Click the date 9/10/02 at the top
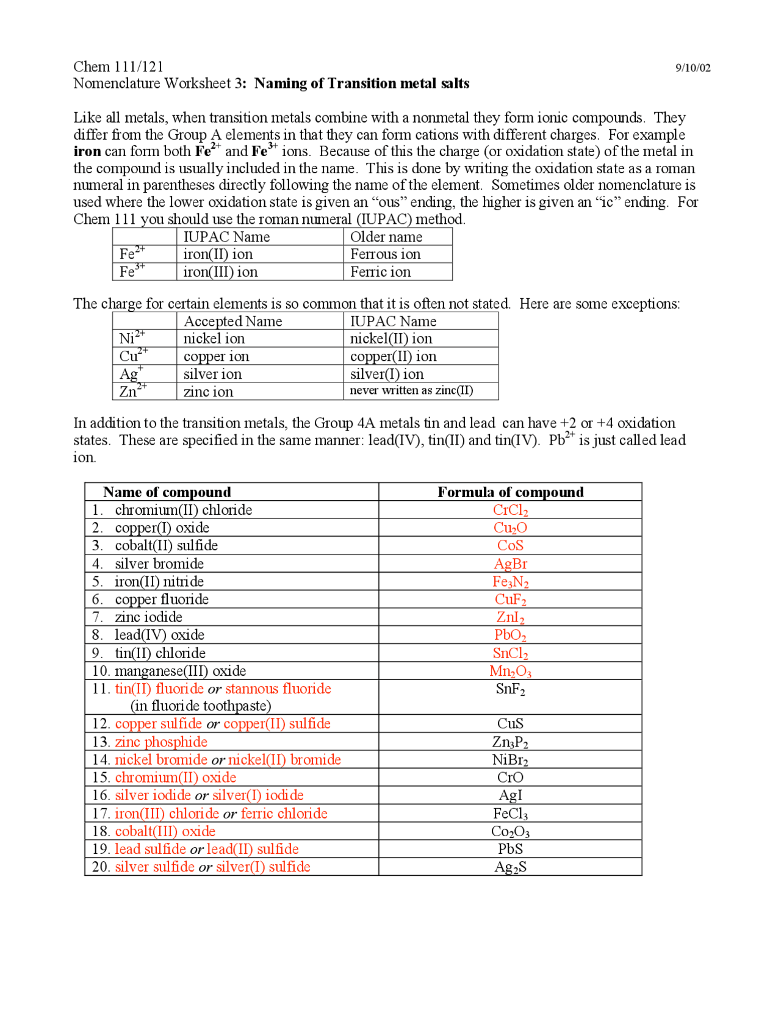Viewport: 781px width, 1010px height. (692, 68)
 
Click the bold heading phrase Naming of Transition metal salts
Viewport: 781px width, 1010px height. (361, 84)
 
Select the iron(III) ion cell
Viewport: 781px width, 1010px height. (220, 272)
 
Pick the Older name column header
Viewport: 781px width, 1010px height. (386, 237)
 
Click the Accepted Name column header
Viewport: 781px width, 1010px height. (232, 321)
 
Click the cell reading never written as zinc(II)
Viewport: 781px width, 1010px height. (411, 390)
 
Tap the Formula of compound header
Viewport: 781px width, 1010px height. (510, 492)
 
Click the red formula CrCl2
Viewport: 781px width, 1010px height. (510, 510)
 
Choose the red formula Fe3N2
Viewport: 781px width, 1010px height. (510, 582)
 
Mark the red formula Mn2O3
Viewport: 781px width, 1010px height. (510, 672)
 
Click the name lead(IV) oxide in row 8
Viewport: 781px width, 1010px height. (159, 635)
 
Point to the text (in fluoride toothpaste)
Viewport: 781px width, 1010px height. (201, 706)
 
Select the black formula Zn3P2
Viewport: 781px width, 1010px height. (510, 742)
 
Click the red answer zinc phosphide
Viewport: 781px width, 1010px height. (161, 742)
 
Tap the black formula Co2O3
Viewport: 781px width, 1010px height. (510, 832)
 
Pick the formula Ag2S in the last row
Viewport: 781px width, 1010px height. (510, 867)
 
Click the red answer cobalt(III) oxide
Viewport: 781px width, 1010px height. (165, 832)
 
